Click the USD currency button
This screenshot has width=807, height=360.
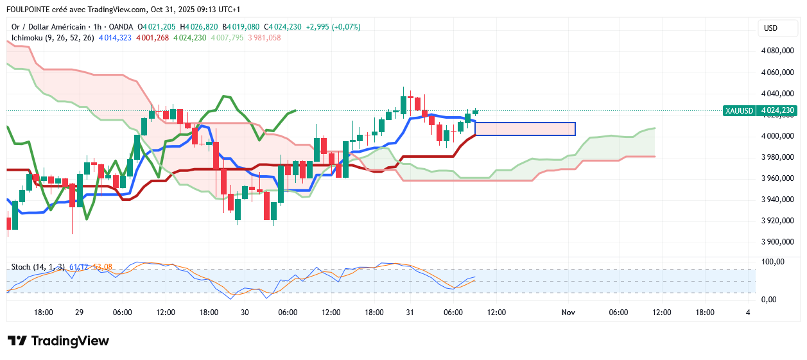[x=770, y=28]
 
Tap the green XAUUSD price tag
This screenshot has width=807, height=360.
[x=759, y=110]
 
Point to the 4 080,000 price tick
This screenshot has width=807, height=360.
[x=777, y=51]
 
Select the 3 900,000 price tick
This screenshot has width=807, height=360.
[x=777, y=242]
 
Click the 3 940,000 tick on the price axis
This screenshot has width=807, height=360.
[x=777, y=200]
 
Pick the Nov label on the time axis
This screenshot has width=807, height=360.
[x=568, y=313]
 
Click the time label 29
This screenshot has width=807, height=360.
[x=80, y=313]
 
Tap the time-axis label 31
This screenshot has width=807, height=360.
[x=410, y=313]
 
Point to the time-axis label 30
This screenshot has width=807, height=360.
[x=245, y=313]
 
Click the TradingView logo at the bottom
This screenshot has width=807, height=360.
[x=58, y=341]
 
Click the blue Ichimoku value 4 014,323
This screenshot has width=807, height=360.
[x=116, y=38]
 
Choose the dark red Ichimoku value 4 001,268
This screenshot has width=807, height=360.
[x=153, y=38]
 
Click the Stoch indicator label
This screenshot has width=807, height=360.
[x=39, y=267]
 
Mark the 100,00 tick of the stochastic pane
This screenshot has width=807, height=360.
[x=772, y=262]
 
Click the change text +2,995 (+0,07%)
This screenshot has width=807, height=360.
[x=333, y=27]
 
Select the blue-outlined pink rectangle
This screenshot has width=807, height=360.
[x=525, y=129]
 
